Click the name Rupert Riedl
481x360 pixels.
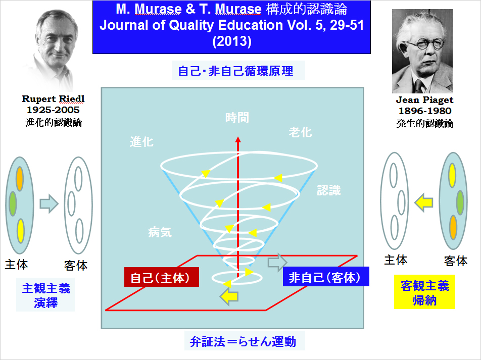[53, 99]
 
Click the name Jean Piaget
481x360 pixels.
[424, 99]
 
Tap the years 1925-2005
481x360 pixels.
[53, 110]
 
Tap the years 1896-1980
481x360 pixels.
[425, 111]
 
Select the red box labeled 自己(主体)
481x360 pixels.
[161, 277]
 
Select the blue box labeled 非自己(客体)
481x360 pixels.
[326, 277]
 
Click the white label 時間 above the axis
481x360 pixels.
[237, 118]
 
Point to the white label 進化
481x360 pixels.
[141, 142]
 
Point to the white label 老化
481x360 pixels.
[300, 132]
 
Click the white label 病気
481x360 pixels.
[160, 232]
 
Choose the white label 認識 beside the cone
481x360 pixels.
[329, 190]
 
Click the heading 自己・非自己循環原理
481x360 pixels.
[235, 71]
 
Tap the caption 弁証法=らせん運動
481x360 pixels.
[243, 341]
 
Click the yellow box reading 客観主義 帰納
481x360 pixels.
[424, 292]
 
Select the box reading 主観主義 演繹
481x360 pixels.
[45, 295]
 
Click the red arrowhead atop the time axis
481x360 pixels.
[238, 139]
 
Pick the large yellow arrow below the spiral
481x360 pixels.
[229, 296]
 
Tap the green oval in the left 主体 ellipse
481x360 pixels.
[13, 203]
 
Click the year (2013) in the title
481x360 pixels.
[232, 41]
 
